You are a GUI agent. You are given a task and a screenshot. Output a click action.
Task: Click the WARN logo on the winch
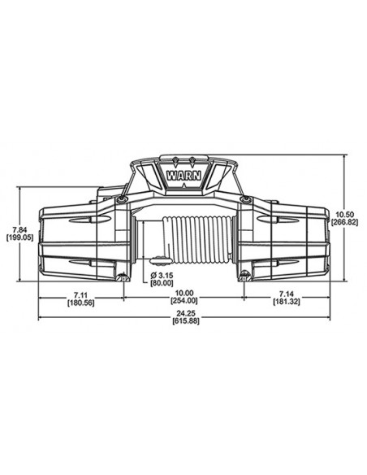(x=183, y=172)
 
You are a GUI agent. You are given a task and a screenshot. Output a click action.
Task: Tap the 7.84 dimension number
(x=18, y=229)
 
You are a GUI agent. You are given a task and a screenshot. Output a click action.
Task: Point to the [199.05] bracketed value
(x=18, y=238)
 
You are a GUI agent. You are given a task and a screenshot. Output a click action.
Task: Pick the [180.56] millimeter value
(x=80, y=301)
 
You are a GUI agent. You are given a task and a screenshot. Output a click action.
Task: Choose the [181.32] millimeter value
(x=286, y=301)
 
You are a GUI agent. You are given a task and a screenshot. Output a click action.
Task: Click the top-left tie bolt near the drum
(x=121, y=200)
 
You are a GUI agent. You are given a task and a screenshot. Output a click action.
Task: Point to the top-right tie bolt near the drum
(x=243, y=200)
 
